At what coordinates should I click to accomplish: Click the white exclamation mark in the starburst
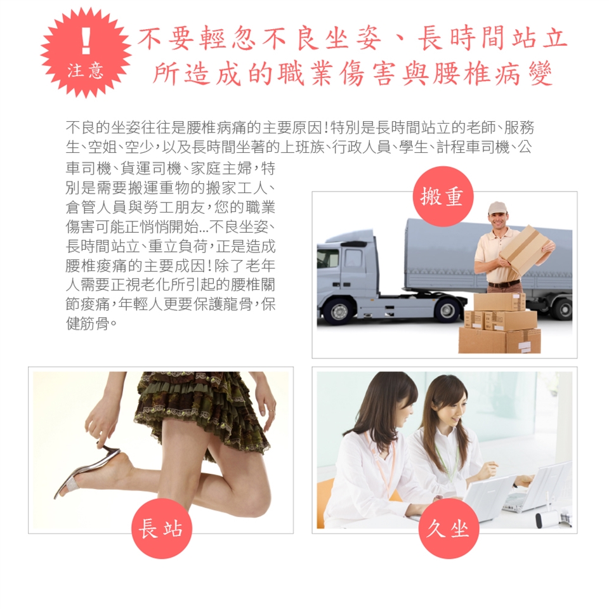[x=86, y=37]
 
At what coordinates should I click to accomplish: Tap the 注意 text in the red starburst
[x=86, y=71]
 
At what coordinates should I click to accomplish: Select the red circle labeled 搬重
[x=443, y=197]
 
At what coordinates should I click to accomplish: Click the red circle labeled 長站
[x=162, y=528]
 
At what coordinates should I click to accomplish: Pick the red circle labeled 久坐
[x=449, y=528]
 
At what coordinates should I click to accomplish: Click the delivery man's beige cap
[x=497, y=208]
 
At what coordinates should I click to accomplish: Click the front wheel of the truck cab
[x=339, y=311]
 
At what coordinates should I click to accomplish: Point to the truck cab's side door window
[x=354, y=258]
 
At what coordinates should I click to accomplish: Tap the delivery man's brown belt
[x=504, y=284]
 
